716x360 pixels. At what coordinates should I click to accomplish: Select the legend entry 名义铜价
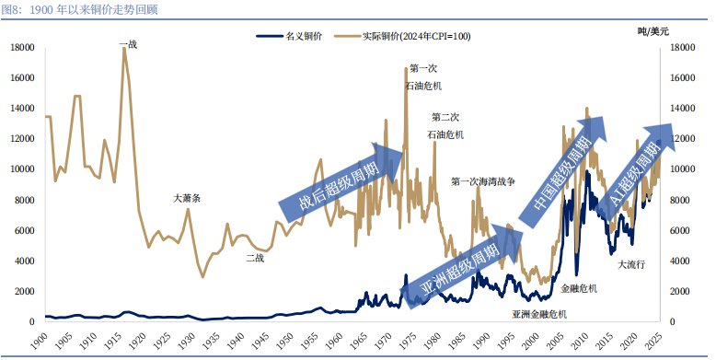[x=289, y=36]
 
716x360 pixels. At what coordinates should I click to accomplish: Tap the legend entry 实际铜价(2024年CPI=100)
[x=402, y=36]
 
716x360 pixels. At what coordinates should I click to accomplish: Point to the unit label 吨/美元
[x=653, y=31]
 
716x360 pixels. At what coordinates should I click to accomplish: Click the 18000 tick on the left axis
[x=23, y=48]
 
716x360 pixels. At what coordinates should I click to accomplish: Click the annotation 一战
[x=128, y=44]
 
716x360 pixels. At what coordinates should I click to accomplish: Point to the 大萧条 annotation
[x=187, y=198]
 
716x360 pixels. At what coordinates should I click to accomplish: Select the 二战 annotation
[x=255, y=258]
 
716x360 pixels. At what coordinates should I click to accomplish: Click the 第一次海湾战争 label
[x=482, y=181]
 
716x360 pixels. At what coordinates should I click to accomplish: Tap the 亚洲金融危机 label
[x=539, y=314]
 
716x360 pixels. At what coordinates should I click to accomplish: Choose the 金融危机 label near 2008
[x=579, y=288]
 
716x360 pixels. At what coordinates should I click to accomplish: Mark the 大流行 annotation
[x=631, y=264]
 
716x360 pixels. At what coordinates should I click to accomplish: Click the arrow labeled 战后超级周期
[x=341, y=182]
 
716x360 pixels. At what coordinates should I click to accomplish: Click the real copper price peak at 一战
[x=124, y=48]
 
